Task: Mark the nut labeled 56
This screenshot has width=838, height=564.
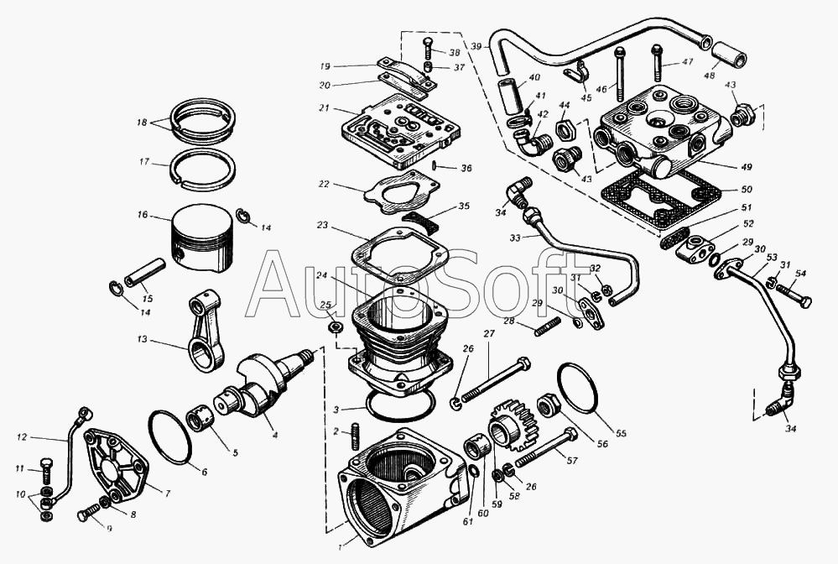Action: point(549,407)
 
